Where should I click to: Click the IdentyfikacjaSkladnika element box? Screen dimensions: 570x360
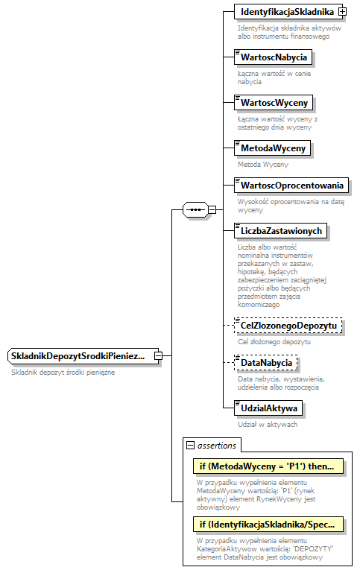pos(285,12)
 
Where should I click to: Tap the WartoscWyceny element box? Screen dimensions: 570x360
pos(272,102)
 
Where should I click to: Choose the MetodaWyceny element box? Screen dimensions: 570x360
pos(272,148)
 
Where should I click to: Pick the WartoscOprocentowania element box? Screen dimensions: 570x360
pos(291,185)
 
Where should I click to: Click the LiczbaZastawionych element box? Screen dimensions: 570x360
pos(280,230)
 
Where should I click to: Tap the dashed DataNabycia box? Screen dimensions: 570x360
pos(265,362)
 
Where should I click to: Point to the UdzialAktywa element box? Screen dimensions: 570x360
pos(269,408)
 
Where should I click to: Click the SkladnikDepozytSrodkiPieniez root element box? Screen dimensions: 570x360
pos(80,356)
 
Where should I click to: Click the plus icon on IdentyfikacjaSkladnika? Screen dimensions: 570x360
pos(342,12)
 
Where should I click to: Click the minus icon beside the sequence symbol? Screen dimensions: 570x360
pos(212,209)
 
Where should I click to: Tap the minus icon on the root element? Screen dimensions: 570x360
pos(158,356)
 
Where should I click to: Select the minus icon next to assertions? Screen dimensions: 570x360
pos(191,446)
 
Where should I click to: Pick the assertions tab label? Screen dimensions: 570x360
pos(217,446)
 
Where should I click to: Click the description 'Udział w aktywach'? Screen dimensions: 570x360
pos(268,424)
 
